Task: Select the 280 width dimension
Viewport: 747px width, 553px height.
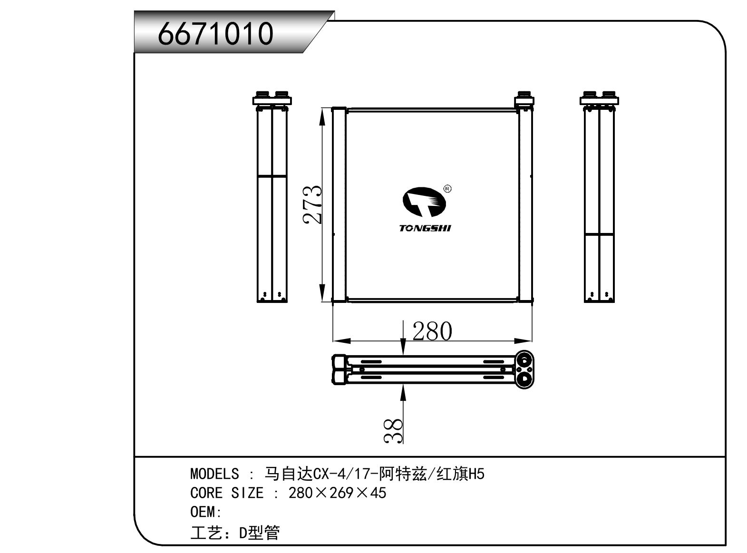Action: coord(432,331)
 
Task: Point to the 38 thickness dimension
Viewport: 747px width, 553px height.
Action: coord(394,431)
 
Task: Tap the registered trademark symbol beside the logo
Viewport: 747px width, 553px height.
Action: coord(447,189)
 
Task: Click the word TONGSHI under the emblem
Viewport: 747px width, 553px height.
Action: coord(425,228)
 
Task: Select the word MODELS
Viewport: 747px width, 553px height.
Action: coord(214,474)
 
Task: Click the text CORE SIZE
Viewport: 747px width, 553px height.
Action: coord(226,493)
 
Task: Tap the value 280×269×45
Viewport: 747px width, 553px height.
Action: coord(337,493)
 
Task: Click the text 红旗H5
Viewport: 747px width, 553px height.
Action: coord(460,474)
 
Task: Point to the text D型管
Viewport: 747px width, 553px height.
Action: coord(259,533)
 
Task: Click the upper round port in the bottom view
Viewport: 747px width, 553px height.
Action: coord(525,359)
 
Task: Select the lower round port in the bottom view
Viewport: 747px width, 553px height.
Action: coord(525,379)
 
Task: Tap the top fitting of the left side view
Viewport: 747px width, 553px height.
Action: coord(272,98)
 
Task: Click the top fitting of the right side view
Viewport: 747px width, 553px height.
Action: coord(599,98)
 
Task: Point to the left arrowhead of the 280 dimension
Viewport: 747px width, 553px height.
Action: coord(340,341)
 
